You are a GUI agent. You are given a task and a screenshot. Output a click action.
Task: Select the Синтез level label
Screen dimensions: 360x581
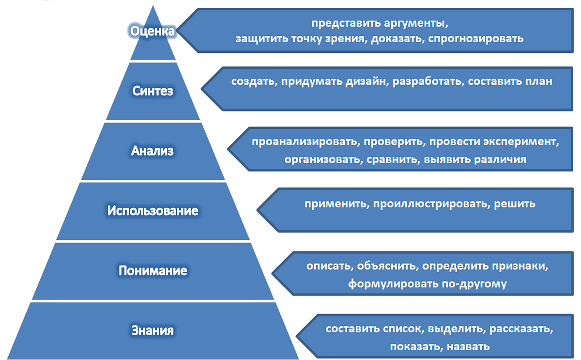click(153, 91)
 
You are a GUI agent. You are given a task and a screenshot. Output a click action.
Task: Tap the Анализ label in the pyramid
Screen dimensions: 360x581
click(152, 151)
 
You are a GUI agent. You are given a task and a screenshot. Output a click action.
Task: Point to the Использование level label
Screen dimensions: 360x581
click(153, 211)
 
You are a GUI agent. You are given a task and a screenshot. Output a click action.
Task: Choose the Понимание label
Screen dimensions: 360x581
click(153, 270)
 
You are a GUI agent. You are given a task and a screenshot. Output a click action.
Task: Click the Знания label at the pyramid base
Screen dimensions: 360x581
click(153, 330)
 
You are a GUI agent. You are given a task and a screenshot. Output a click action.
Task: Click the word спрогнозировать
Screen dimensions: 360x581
click(476, 39)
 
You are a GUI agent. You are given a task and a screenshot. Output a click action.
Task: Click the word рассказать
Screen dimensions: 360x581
click(521, 329)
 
